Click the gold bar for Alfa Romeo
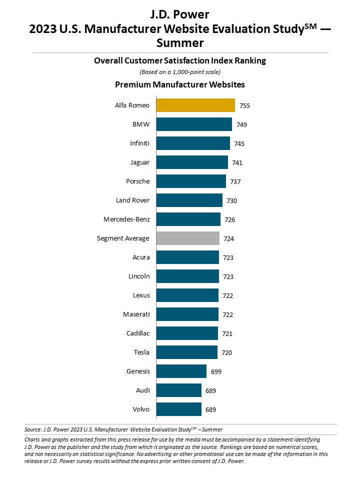click(195, 105)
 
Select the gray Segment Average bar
click(187, 238)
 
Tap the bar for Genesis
click(181, 371)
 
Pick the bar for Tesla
click(186, 352)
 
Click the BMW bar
click(194, 124)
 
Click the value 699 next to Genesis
click(216, 372)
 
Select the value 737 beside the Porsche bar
click(235, 182)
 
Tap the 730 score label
click(232, 201)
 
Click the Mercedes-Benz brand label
click(126, 219)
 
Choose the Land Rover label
click(132, 200)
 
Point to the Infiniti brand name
click(139, 143)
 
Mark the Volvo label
click(141, 409)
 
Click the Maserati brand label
click(136, 314)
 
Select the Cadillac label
click(138, 333)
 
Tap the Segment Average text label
click(123, 238)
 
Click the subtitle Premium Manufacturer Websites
click(180, 84)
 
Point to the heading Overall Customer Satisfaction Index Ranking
click(180, 61)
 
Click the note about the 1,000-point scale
click(180, 72)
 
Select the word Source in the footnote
click(32, 429)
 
